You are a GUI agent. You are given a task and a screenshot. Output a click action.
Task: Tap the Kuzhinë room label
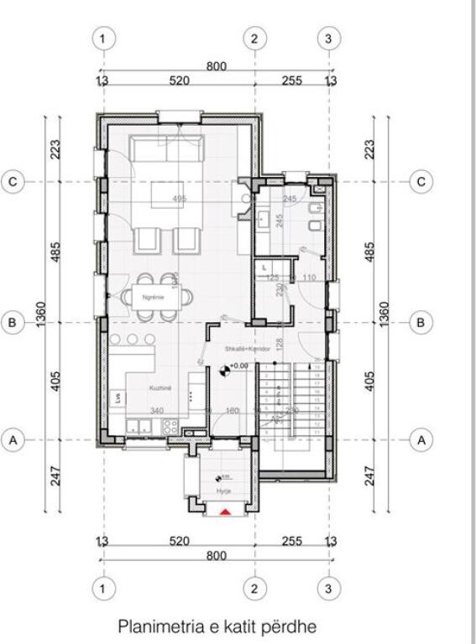pyautogui.click(x=161, y=389)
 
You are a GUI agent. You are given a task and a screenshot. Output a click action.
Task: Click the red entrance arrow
pyautogui.click(x=223, y=511)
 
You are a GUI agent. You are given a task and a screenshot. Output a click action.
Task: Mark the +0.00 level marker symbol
pyautogui.click(x=223, y=367)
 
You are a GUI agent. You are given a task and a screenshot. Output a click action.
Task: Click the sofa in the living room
pyautogui.click(x=166, y=151)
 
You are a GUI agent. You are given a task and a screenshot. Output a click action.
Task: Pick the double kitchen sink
pyautogui.click(x=139, y=426)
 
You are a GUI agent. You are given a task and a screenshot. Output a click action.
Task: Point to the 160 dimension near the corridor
pyautogui.click(x=233, y=411)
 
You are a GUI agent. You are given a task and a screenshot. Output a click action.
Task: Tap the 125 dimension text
pyautogui.click(x=272, y=278)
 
